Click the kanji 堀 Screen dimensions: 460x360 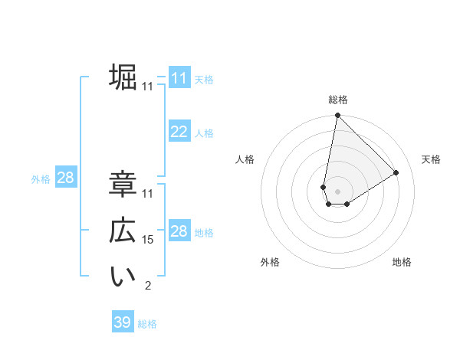tap(123, 77)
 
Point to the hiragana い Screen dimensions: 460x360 tap(123, 278)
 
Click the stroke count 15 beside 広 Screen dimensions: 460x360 tap(148, 240)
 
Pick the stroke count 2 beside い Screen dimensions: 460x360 tap(148, 286)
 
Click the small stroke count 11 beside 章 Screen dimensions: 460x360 tap(148, 194)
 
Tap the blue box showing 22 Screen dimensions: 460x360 tap(179, 132)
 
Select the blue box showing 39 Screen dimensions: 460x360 tap(123, 322)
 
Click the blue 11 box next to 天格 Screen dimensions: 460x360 tap(179, 78)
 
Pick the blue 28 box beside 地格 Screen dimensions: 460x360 tap(179, 232)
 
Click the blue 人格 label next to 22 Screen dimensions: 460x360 tap(204, 133)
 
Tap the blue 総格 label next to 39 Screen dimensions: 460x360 tap(147, 324)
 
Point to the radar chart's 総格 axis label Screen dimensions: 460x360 tap(338, 100)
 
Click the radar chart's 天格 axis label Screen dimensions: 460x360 tap(432, 159)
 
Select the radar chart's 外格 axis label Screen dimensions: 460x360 tap(270, 262)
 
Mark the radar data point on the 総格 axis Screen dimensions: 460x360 tap(337, 116)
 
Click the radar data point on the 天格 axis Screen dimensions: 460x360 tap(396, 172)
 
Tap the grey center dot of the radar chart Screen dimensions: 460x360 tap(337, 191)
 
